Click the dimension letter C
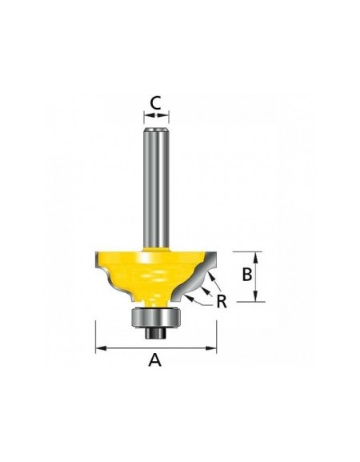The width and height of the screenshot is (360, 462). (x=155, y=103)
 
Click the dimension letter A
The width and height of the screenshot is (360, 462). (x=155, y=360)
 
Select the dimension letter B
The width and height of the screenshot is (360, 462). (x=247, y=275)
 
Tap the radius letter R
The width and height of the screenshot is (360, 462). (x=222, y=301)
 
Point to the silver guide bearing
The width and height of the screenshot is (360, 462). (x=156, y=317)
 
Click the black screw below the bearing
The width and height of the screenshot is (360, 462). (x=156, y=332)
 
